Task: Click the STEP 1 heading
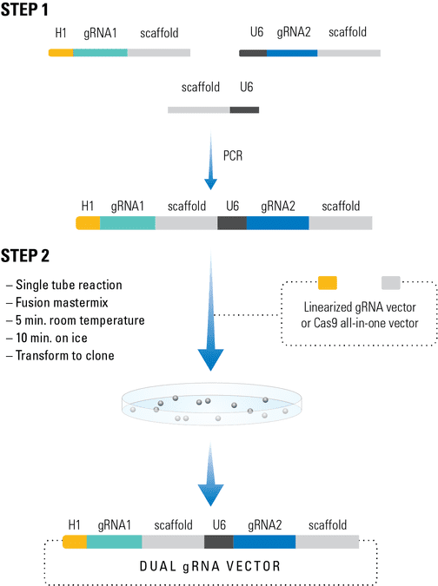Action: pyautogui.click(x=24, y=10)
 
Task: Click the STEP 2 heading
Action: pyautogui.click(x=25, y=255)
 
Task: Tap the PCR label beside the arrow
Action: pyautogui.click(x=233, y=155)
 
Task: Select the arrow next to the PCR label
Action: pyautogui.click(x=210, y=161)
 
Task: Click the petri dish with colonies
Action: pyautogui.click(x=211, y=404)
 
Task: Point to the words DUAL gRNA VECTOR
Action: pyautogui.click(x=209, y=566)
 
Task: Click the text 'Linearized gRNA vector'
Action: pyautogui.click(x=360, y=307)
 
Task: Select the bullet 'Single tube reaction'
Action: pyautogui.click(x=64, y=285)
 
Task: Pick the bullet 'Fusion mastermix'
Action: pyautogui.click(x=57, y=302)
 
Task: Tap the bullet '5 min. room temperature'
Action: pyautogui.click(x=76, y=320)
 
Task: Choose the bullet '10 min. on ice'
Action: pyautogui.click(x=47, y=338)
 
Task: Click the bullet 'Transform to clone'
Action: pyautogui.click(x=60, y=355)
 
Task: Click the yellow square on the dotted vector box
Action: pyautogui.click(x=328, y=282)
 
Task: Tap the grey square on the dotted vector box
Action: pyautogui.click(x=391, y=282)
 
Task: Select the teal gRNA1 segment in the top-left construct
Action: pyautogui.click(x=100, y=53)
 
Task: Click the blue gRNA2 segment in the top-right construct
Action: pyautogui.click(x=292, y=53)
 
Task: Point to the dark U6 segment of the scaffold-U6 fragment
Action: pyautogui.click(x=244, y=110)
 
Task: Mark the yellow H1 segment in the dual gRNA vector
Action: pyautogui.click(x=75, y=542)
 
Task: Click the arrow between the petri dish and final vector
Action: pyautogui.click(x=210, y=474)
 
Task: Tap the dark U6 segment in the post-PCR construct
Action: pyautogui.click(x=232, y=223)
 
